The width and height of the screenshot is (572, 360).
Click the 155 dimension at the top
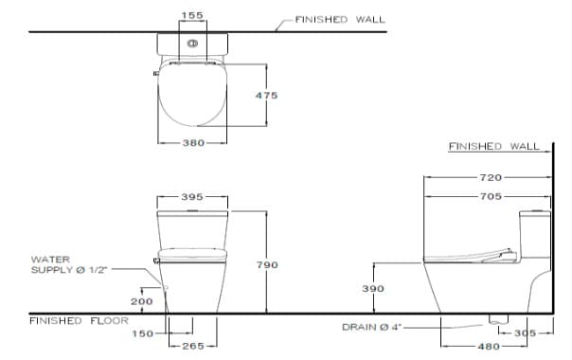pos(192,16)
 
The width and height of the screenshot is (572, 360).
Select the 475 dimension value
pos(267,96)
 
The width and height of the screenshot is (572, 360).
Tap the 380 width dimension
pos(192,143)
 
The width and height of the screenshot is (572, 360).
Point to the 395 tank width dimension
pos(192,197)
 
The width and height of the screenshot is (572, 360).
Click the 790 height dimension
pos(267,265)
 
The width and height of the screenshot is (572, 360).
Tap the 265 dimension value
pos(192,346)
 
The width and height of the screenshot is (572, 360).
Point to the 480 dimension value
pos(489,347)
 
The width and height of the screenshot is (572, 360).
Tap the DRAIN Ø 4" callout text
pos(371,327)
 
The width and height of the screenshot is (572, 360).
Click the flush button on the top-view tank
pos(192,43)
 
